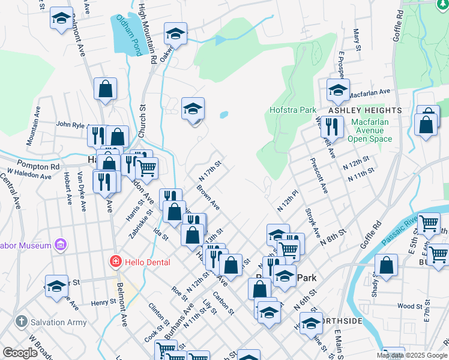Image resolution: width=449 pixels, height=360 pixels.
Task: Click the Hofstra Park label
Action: (293, 110)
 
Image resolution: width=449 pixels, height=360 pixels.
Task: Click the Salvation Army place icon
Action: (22, 322)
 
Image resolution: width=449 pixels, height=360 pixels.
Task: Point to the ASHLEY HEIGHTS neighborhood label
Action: (364, 111)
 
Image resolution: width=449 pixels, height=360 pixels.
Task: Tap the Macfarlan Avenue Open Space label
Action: (370, 130)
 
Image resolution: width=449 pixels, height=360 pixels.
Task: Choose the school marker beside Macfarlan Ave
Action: (338, 91)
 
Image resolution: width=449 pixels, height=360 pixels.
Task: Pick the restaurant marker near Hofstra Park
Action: (331, 127)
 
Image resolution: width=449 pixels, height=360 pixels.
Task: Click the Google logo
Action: (20, 353)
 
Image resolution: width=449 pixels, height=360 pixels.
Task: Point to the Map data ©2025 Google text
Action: (411, 355)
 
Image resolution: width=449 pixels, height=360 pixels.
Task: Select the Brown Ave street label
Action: (208, 198)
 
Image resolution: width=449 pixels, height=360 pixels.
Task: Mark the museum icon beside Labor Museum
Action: (59, 244)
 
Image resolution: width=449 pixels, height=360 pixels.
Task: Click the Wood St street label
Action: (411, 307)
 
